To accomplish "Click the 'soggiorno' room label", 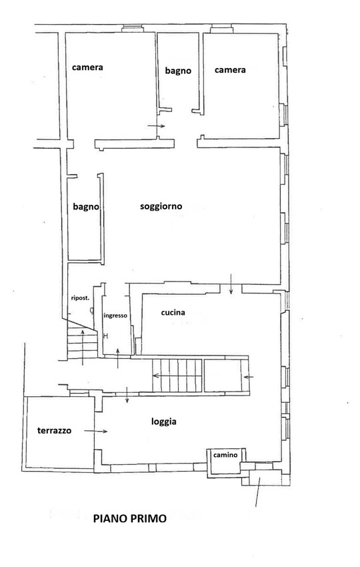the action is coord(161,207).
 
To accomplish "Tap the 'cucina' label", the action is coord(173,312).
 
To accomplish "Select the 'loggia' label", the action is coord(164,422).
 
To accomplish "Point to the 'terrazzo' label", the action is coord(54,430).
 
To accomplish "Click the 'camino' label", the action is coord(225,455).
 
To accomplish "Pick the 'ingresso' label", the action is coord(115,316).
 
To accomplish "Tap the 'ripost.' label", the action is coord(80,298).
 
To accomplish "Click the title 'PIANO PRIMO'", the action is coord(130,518).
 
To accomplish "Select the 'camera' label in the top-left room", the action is coord(87,67).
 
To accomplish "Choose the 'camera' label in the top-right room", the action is coord(230,70).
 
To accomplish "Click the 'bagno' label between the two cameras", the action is coord(178,71).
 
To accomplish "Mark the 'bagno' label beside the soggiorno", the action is coord(85,207).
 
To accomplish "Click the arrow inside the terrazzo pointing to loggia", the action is coord(96,431).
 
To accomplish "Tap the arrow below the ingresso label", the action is coord(118,358).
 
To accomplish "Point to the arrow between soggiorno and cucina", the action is coord(231,284).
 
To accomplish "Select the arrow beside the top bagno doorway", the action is coord(156,126).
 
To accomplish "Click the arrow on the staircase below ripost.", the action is coord(83,347).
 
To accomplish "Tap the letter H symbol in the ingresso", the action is coord(105,336).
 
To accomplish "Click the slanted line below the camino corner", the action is coord(257,492).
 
